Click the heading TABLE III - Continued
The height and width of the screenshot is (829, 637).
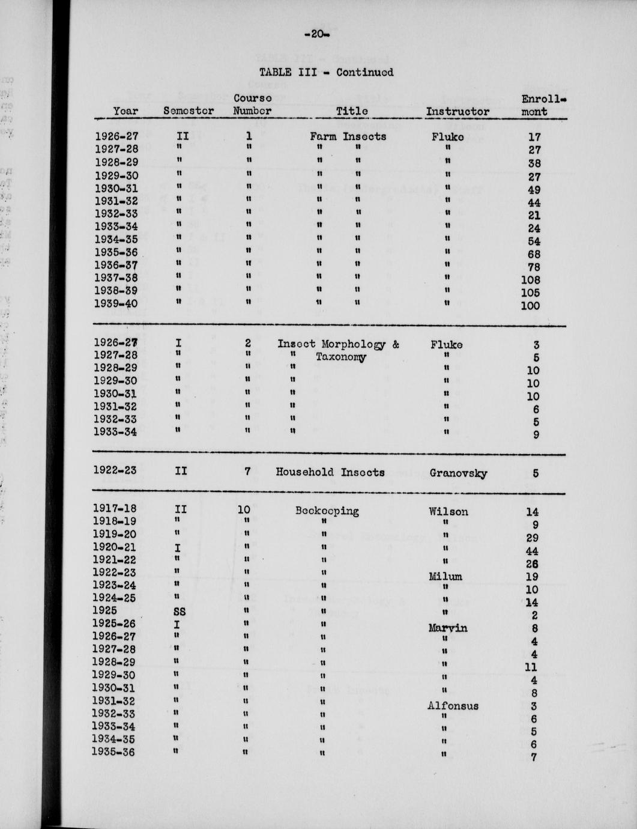(x=326, y=72)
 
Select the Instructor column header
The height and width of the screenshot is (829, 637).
(x=457, y=111)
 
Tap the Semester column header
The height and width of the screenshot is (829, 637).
(x=189, y=111)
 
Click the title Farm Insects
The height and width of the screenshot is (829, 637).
(x=348, y=136)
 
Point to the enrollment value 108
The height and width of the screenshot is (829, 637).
(x=530, y=279)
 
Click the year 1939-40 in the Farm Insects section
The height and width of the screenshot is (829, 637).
(x=116, y=303)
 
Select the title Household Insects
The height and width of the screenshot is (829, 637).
(x=330, y=472)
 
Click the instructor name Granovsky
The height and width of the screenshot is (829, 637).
(x=458, y=473)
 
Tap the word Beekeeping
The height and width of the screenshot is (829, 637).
(x=327, y=511)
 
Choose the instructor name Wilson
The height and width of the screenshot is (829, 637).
(x=448, y=512)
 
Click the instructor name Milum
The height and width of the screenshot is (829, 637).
(x=445, y=577)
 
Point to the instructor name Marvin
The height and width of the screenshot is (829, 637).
(x=447, y=628)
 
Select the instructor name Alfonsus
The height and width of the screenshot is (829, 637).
(x=453, y=706)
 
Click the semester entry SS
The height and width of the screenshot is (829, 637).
(x=179, y=612)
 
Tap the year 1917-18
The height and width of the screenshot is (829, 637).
(x=114, y=508)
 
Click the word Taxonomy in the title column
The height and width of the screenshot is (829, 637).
(x=340, y=357)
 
